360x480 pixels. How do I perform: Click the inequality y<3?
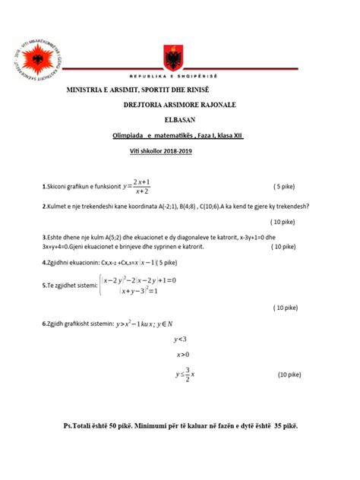coord(181,339)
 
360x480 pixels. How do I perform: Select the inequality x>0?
coord(182,355)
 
